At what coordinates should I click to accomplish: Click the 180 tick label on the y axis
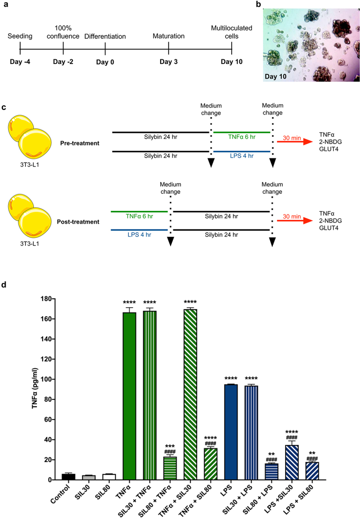(44, 299)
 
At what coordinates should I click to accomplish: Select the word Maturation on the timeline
(168, 36)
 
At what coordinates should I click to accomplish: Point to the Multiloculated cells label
(232, 32)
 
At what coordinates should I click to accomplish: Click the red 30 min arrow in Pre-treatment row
(295, 142)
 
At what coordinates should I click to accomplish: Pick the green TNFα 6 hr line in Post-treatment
(139, 212)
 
